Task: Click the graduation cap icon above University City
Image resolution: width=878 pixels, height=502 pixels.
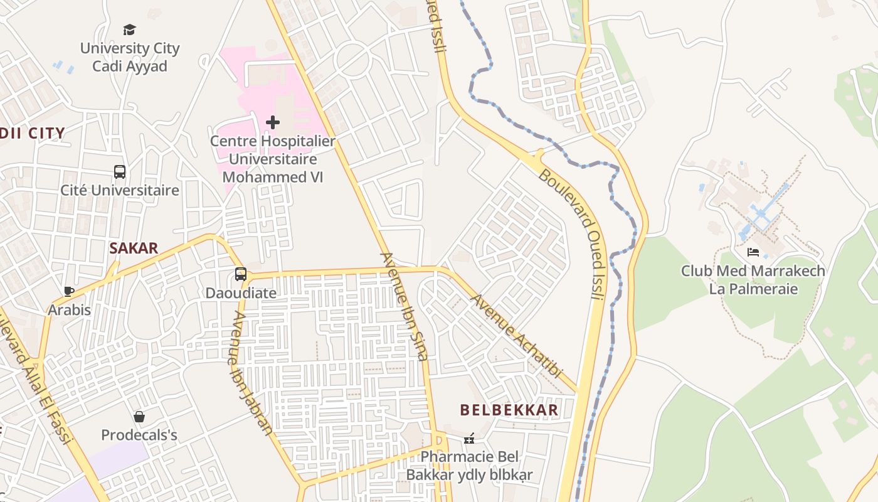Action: (129, 29)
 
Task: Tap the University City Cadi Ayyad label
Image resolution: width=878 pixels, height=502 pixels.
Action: (130, 57)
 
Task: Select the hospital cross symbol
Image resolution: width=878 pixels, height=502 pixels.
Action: (273, 122)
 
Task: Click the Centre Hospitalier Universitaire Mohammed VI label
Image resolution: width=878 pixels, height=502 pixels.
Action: (273, 159)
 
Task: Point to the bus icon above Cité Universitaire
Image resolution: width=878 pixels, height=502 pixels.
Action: (119, 171)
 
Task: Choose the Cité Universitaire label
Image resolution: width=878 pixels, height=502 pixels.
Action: (120, 190)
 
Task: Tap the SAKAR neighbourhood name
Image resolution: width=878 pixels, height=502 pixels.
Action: (134, 248)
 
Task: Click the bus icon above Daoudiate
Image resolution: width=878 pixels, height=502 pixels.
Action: (241, 274)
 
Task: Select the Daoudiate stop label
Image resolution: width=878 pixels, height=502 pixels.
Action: (241, 293)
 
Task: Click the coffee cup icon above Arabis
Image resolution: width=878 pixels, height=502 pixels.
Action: (69, 291)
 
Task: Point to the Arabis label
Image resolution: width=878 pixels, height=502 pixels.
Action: (70, 310)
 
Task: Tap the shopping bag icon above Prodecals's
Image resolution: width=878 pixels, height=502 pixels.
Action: (139, 417)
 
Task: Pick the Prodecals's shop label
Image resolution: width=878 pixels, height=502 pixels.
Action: (139, 435)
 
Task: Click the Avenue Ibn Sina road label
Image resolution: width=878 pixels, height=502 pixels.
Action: (405, 307)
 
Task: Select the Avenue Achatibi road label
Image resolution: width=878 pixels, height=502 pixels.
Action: (515, 336)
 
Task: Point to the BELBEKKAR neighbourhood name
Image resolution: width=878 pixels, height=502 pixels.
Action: (509, 410)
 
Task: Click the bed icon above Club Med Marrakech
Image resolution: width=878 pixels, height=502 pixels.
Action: (753, 252)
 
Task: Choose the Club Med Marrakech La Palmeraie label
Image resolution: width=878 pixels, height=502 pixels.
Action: (753, 280)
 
